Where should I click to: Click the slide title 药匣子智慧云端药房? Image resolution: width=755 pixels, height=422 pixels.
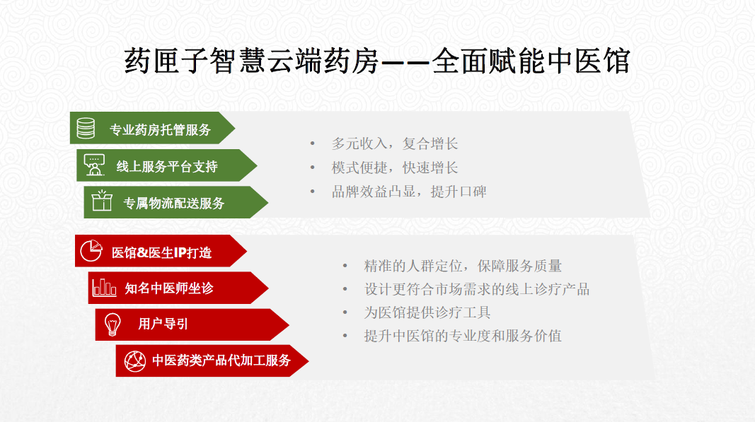pos(252,61)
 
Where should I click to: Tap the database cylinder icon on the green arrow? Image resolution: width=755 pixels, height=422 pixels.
pos(86,128)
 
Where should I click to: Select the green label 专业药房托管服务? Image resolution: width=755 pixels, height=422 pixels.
pos(161,129)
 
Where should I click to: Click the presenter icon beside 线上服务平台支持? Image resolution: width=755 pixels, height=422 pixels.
pos(94,165)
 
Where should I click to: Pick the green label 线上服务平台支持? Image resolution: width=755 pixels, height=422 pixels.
pos(167,167)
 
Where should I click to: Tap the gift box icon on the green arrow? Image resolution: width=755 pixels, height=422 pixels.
pos(102,201)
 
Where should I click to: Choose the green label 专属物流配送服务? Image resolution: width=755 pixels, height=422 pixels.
pos(174,203)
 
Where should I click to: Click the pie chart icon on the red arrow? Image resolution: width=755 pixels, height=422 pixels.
pos(91,250)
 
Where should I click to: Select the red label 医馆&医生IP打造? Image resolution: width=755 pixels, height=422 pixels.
pos(162,252)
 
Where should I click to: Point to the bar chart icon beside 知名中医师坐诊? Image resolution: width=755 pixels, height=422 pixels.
pos(105,287)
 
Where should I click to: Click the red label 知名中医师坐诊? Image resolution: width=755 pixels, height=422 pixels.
pos(169,288)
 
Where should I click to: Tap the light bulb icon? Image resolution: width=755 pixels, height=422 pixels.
pos(113,324)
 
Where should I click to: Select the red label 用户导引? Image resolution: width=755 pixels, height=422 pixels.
pos(163,324)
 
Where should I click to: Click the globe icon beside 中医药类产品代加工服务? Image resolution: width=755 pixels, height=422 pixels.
pos(135,361)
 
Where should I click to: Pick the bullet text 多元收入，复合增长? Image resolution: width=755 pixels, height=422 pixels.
pos(394,143)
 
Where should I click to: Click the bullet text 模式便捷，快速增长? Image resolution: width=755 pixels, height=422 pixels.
pos(394,168)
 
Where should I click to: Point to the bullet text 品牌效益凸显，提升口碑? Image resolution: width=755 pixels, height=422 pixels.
pos(409,192)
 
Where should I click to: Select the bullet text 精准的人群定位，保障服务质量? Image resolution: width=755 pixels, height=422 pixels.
pos(463,266)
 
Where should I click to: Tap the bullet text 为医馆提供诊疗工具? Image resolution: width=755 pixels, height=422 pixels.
pos(427,312)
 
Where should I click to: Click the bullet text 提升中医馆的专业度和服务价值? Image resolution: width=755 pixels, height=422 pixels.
pos(463,335)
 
